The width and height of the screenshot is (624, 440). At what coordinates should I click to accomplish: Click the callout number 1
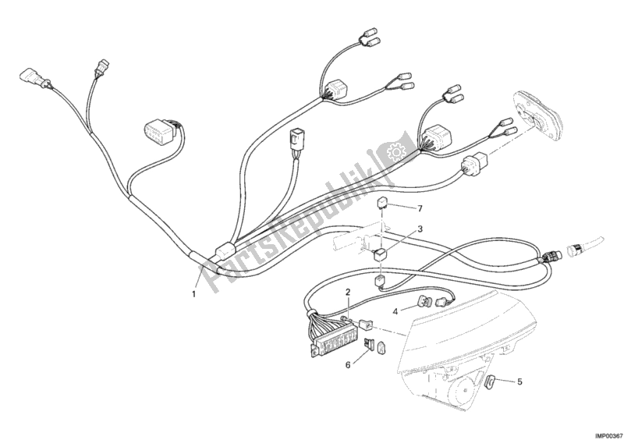point(193,293)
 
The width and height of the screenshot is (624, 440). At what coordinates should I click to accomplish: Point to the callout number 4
point(395,312)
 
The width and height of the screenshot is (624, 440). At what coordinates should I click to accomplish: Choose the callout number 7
point(419,208)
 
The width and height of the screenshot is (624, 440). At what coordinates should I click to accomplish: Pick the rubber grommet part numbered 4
point(425,302)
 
